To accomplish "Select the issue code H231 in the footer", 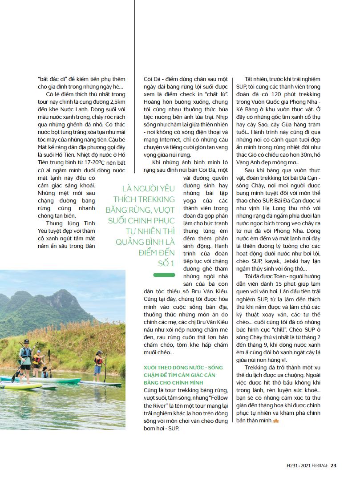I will pyautogui.click(x=293, y=466).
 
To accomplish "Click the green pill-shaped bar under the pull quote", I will pyautogui.click(x=164, y=275).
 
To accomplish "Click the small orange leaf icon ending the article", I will pyautogui.click(x=275, y=421).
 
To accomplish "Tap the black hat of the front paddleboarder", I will pyautogui.click(x=26, y=342).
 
